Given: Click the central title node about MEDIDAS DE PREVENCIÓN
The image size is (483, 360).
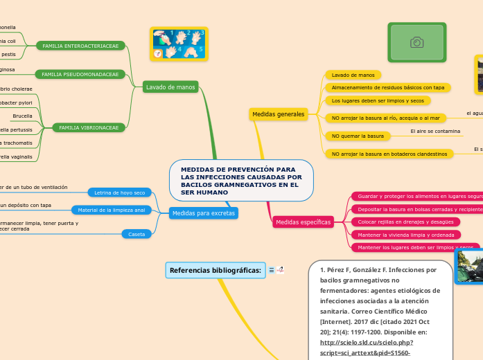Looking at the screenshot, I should point(241,181).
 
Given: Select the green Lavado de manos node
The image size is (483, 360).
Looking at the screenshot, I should point(170,87).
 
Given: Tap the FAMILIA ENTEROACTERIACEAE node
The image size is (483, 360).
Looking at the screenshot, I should point(80,46).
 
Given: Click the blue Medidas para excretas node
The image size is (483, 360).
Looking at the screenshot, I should point(204,213).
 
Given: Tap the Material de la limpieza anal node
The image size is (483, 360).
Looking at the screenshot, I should point(111,210).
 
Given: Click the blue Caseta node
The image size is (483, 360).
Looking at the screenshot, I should point(137,234).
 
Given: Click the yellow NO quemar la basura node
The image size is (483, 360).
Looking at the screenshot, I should point(358,136).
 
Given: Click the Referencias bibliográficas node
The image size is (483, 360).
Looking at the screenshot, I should point(216,269).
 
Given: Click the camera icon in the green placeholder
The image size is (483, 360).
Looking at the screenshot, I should point(416,43).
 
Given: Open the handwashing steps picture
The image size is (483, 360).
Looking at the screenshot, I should point(179,44).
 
